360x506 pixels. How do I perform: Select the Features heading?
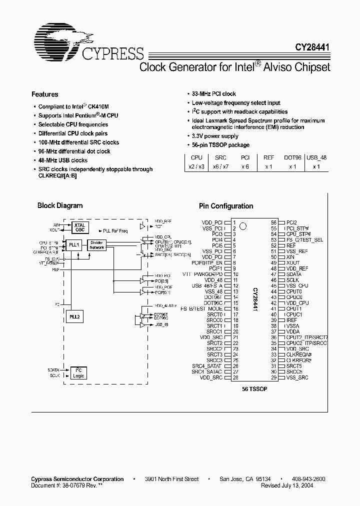(x=45, y=94)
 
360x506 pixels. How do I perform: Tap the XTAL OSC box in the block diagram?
(x=80, y=227)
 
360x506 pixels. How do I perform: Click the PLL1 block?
(x=74, y=245)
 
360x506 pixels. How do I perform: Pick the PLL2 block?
(x=74, y=316)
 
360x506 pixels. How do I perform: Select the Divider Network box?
(x=97, y=245)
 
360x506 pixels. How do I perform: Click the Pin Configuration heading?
(x=226, y=206)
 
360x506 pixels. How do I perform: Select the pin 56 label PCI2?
(x=291, y=222)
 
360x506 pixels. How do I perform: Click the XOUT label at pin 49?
(x=293, y=262)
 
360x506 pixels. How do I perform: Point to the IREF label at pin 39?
(x=292, y=320)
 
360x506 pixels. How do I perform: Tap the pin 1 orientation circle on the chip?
(x=243, y=225)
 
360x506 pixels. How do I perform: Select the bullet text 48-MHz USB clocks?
(x=63, y=160)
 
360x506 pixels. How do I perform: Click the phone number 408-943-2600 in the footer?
(x=308, y=479)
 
